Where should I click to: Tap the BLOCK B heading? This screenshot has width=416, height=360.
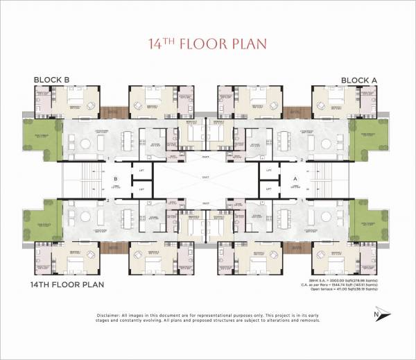tap(51, 80)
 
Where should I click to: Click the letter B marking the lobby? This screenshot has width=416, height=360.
tap(116, 178)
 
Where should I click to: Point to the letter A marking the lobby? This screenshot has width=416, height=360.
tap(296, 178)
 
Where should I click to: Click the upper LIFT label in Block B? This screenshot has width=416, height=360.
tap(141, 169)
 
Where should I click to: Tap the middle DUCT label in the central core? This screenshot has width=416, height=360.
tap(205, 178)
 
